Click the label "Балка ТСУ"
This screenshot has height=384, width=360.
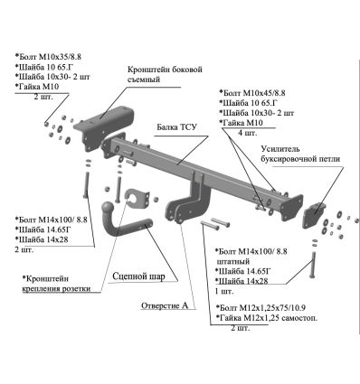click(x=176, y=127)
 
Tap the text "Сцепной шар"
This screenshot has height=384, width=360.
click(x=138, y=276)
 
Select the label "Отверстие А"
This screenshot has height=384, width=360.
click(x=165, y=305)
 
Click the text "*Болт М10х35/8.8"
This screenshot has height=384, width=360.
click(x=48, y=57)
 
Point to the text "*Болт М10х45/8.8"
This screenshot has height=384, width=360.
click(x=252, y=93)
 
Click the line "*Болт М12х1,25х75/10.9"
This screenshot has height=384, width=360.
click(x=261, y=308)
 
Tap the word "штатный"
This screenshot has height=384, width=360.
click(x=233, y=261)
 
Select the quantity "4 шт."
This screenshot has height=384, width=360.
click(x=248, y=133)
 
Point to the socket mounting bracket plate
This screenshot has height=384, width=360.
click(x=137, y=198)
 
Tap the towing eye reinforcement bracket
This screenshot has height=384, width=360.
click(x=315, y=214)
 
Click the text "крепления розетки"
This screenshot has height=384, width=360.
click(x=56, y=288)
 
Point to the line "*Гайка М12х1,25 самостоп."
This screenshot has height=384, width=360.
click(x=267, y=318)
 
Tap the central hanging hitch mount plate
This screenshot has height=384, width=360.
click(x=189, y=201)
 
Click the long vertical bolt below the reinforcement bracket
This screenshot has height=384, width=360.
click(x=313, y=265)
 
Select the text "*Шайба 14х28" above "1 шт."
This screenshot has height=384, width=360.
click(x=242, y=281)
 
